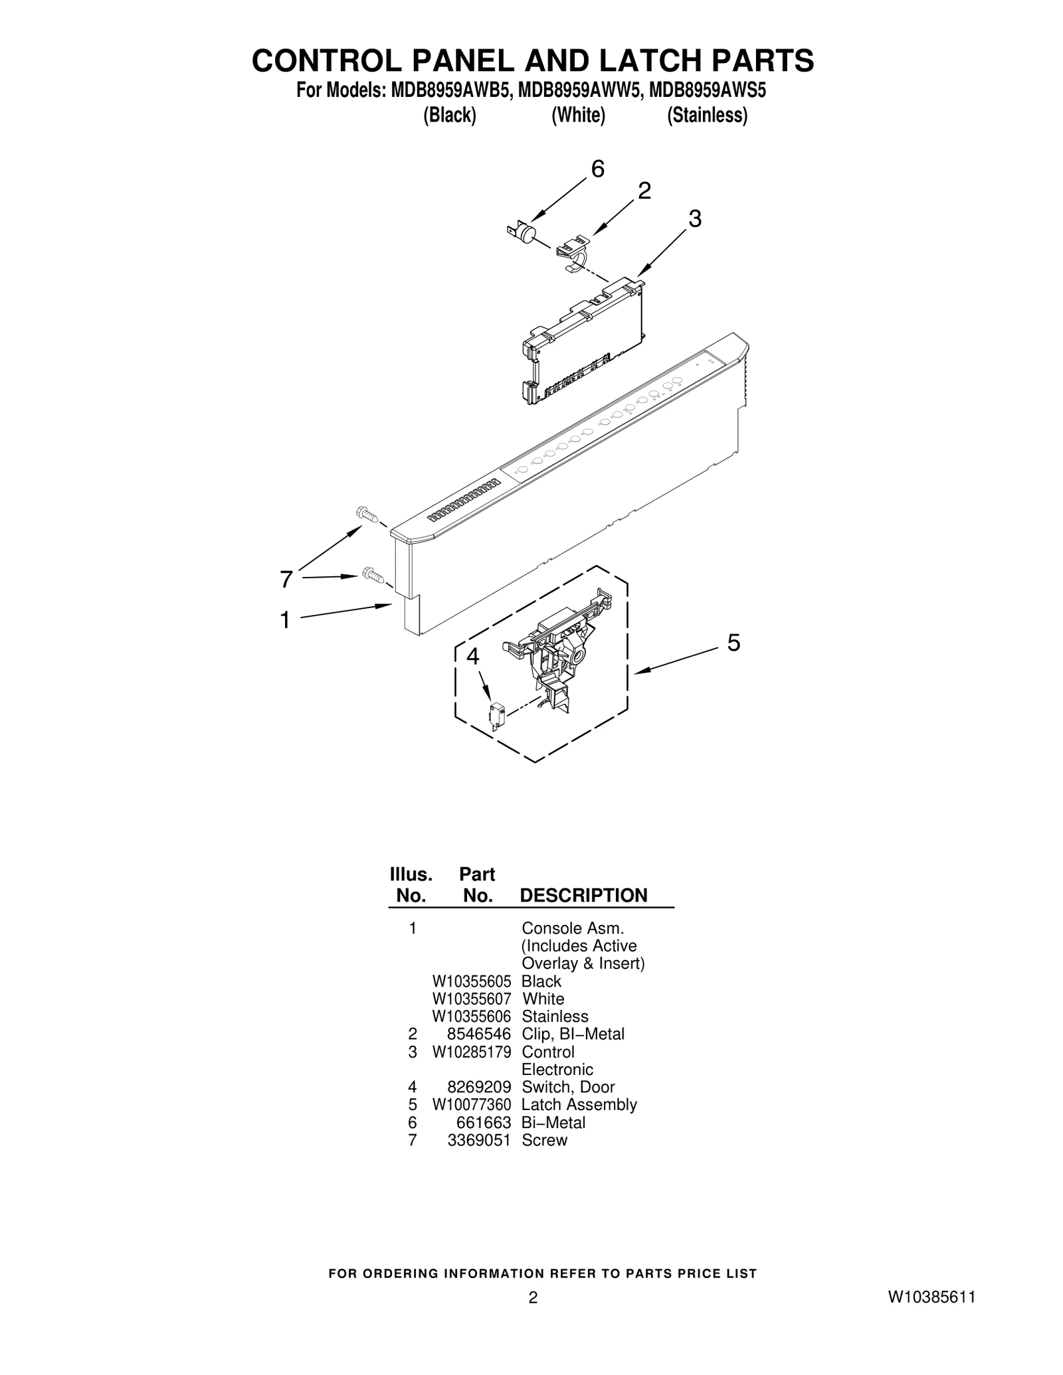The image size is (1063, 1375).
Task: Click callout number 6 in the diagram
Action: point(597,170)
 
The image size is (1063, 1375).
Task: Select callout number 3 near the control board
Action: point(695,218)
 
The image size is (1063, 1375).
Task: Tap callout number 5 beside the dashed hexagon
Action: point(733,643)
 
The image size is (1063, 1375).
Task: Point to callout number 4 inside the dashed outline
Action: point(472,657)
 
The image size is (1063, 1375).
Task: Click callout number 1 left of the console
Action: point(285,620)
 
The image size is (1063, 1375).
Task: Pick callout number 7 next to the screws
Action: point(286,580)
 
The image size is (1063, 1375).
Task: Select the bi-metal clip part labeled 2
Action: point(573,253)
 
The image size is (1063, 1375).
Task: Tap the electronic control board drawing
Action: point(583,340)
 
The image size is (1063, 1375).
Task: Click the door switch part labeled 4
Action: point(496,716)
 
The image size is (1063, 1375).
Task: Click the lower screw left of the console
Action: point(373,575)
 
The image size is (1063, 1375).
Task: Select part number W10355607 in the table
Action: point(472,999)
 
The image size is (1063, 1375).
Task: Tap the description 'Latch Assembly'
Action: point(579,1105)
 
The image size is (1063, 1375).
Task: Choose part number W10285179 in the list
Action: point(472,1052)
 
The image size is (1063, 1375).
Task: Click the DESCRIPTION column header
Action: point(583,896)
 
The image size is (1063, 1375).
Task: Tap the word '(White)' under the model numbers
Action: point(579,116)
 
